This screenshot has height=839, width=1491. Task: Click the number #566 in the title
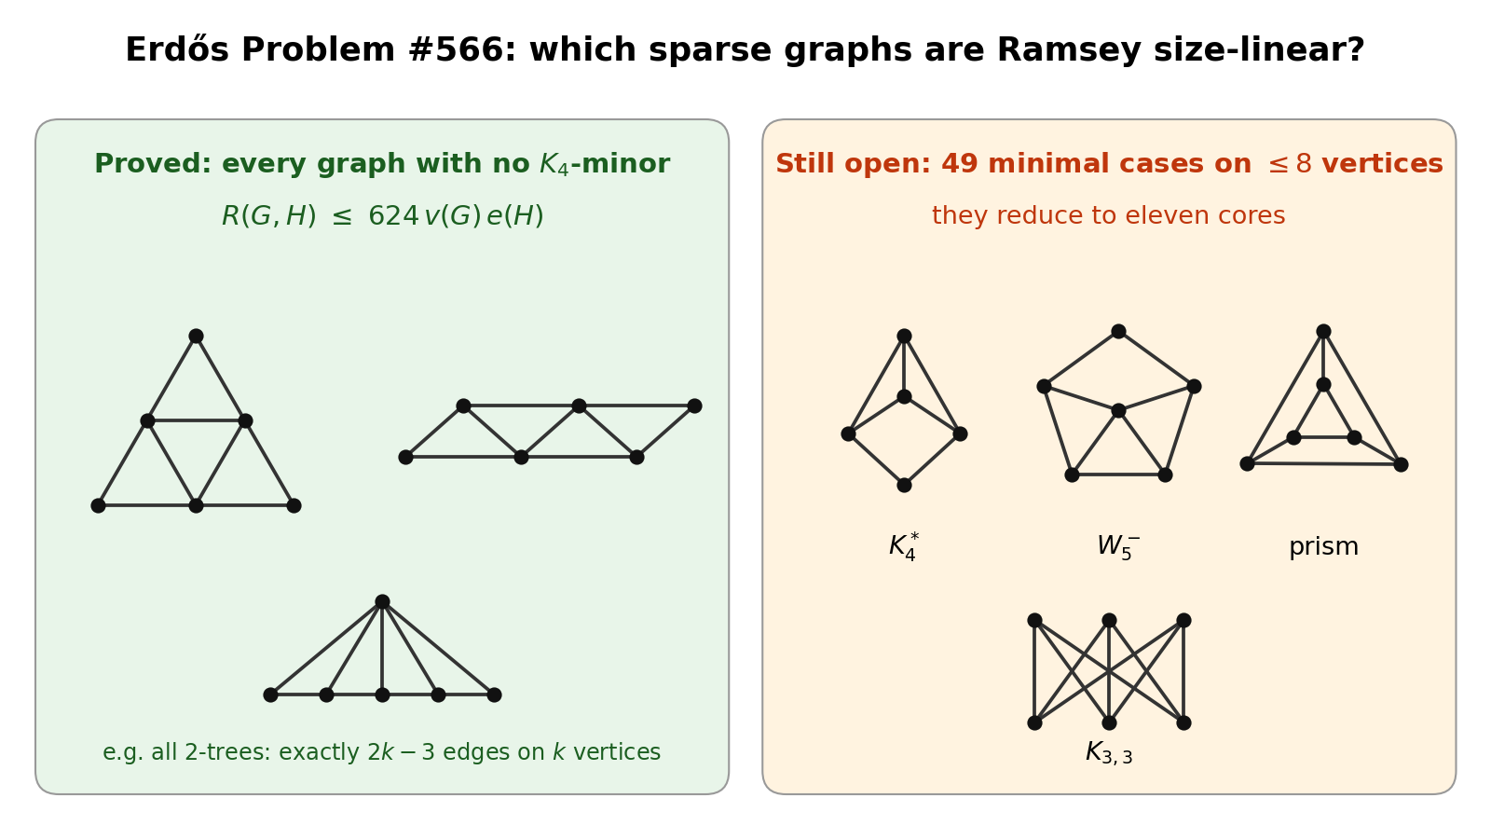click(x=462, y=50)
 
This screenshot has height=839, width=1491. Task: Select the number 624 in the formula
click(x=393, y=215)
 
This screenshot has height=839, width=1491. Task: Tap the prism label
click(x=1323, y=547)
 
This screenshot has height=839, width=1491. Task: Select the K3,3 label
click(x=1109, y=752)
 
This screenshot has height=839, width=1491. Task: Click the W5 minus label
click(x=1118, y=547)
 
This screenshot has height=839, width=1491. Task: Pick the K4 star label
click(x=904, y=547)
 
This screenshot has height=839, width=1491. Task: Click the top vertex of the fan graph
click(x=382, y=602)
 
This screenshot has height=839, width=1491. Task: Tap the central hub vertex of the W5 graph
click(x=1118, y=411)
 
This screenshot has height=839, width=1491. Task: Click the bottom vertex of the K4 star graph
click(x=904, y=486)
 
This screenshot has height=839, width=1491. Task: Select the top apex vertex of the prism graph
click(x=1323, y=332)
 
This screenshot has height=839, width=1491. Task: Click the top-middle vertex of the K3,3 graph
click(x=1109, y=621)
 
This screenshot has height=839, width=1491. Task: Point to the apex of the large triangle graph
click(x=196, y=337)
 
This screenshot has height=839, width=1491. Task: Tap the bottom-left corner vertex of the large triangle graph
click(x=98, y=506)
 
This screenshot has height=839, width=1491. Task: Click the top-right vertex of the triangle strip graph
click(x=694, y=406)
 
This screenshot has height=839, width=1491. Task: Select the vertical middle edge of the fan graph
click(x=382, y=649)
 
